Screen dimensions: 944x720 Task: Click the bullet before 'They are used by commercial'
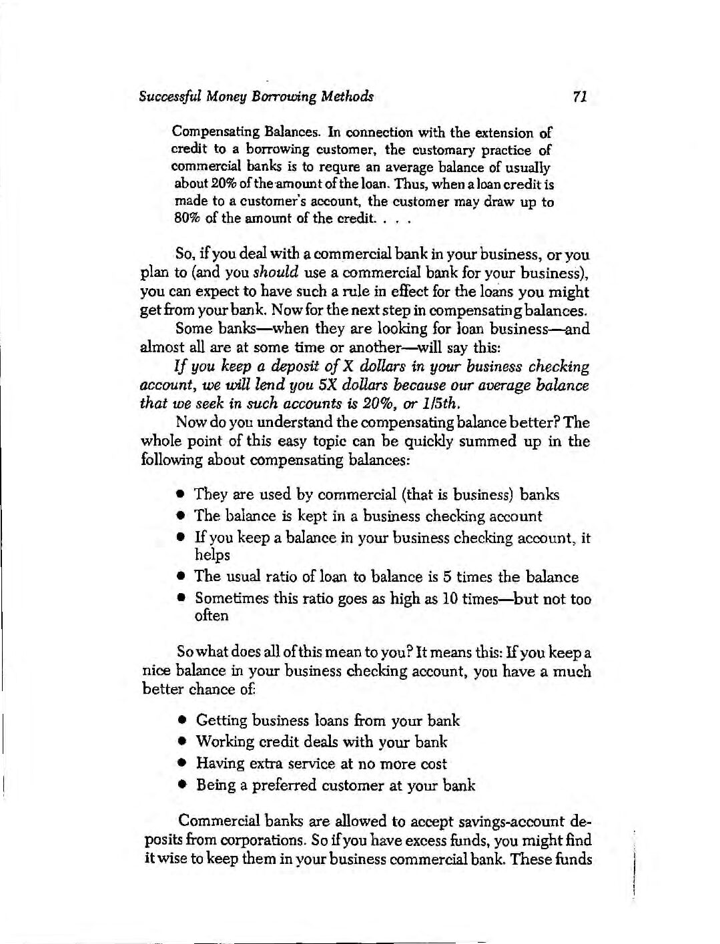tap(181, 495)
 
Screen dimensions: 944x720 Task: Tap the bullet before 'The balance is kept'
tap(181, 516)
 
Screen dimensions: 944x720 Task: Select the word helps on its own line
tap(212, 555)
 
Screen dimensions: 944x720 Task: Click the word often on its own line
tap(211, 615)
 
